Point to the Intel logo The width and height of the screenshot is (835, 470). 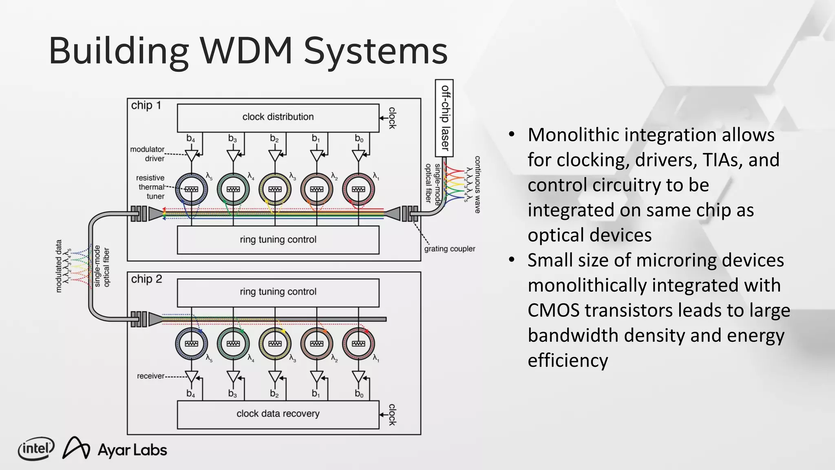(x=36, y=449)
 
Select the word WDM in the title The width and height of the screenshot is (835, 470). (x=246, y=51)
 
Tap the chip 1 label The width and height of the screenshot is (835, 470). (x=146, y=105)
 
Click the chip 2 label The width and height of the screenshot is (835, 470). (x=146, y=279)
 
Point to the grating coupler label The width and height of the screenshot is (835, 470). (x=450, y=249)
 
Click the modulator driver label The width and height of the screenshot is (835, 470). (x=147, y=154)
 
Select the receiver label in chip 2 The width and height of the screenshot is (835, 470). (x=150, y=376)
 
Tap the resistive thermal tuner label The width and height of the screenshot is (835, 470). (x=150, y=187)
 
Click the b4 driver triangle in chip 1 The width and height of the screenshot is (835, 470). (x=191, y=155)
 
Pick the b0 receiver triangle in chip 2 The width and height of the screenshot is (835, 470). (x=358, y=377)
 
